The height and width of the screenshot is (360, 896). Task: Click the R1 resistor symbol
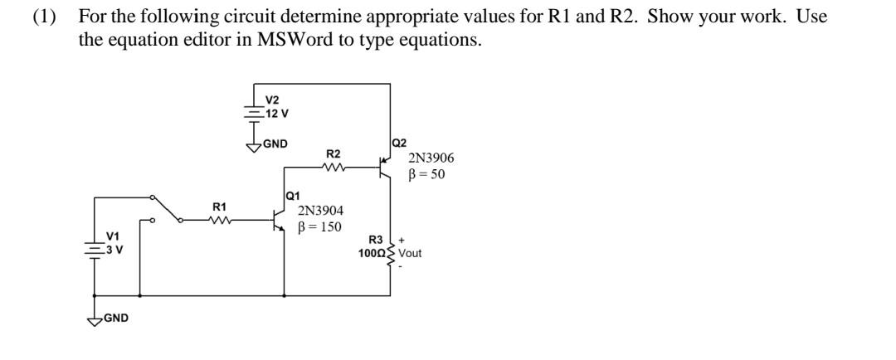[x=221, y=221]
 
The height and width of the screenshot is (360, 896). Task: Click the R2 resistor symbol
[x=333, y=168]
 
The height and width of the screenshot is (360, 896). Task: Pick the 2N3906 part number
[x=431, y=158]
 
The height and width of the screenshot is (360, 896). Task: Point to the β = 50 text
[x=426, y=174]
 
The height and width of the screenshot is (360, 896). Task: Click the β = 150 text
[x=320, y=227]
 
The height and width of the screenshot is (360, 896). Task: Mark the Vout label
[x=410, y=253]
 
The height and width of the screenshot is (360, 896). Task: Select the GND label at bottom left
[x=115, y=317]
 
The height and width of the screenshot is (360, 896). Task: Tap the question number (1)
[x=42, y=17]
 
